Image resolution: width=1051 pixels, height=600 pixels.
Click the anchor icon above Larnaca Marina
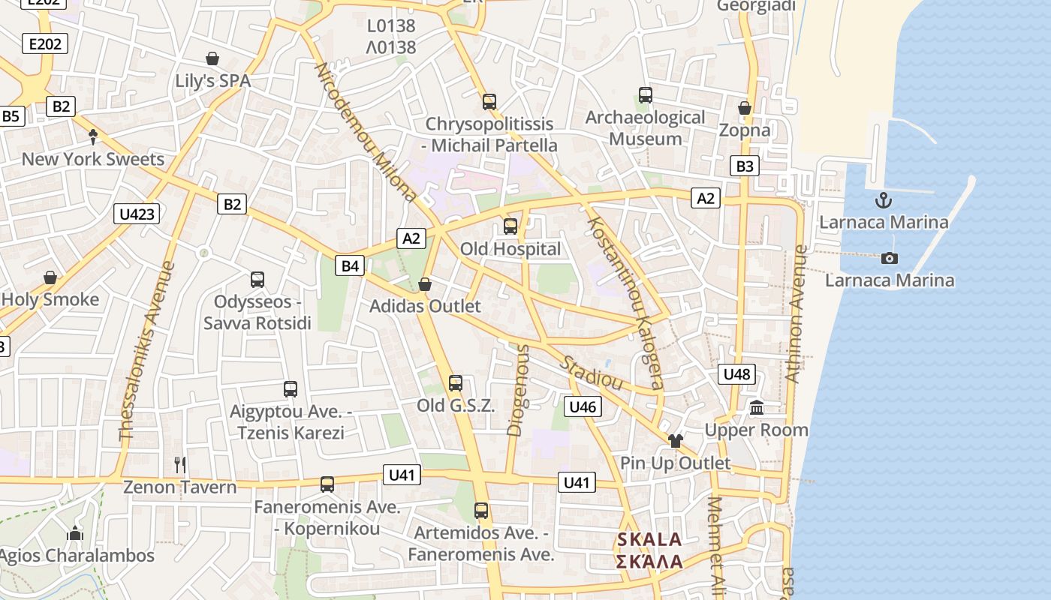pos(884,200)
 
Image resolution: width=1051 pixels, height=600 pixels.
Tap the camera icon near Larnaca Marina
pos(890,258)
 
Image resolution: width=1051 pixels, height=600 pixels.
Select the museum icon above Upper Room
pos(757,408)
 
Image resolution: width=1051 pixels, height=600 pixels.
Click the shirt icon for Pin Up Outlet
pos(675,440)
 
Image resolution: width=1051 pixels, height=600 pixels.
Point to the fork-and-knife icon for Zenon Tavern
pos(180,465)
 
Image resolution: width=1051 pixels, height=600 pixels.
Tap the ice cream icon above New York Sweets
pos(93,136)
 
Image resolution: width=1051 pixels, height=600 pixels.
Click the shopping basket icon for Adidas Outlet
pos(425,284)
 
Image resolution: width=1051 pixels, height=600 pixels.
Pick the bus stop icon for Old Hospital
pos(510,226)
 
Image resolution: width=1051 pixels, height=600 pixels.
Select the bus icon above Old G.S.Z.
pos(455,383)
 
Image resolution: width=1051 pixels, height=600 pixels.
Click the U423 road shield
pos(137,214)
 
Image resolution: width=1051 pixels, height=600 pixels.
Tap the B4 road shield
pos(351,265)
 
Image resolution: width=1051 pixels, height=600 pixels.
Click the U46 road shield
pos(583,407)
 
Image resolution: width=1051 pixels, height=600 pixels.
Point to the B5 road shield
pos(11,116)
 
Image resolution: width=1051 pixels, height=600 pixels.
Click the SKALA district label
pos(649,539)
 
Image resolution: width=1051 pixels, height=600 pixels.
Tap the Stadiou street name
pos(592,373)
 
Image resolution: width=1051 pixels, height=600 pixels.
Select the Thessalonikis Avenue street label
pos(146,351)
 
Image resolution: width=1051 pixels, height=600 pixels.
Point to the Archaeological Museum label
pos(645,128)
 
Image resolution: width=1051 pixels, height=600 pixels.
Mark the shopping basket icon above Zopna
pos(745,109)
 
